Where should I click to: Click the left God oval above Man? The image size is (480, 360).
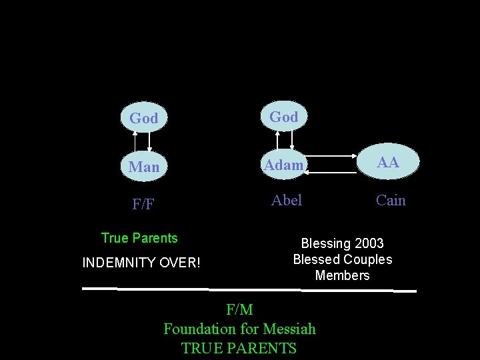143,118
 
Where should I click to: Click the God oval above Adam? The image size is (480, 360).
283,117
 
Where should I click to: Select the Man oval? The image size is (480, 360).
144,167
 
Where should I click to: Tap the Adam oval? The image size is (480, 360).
283,165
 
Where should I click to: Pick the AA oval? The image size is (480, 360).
388,162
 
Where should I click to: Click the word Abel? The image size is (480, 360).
287,200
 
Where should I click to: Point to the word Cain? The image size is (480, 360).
391,200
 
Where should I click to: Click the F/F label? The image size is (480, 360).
143,204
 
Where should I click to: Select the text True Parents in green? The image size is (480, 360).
139,238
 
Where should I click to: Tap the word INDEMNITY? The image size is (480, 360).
119,263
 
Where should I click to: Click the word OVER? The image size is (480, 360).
179,263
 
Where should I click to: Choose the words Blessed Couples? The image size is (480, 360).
343,259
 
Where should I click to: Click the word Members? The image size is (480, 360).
343,275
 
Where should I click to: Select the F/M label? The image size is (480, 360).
239,309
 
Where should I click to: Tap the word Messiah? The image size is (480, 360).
289,329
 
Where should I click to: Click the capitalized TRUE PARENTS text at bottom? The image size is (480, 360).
239,348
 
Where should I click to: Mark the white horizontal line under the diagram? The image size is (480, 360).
249,289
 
